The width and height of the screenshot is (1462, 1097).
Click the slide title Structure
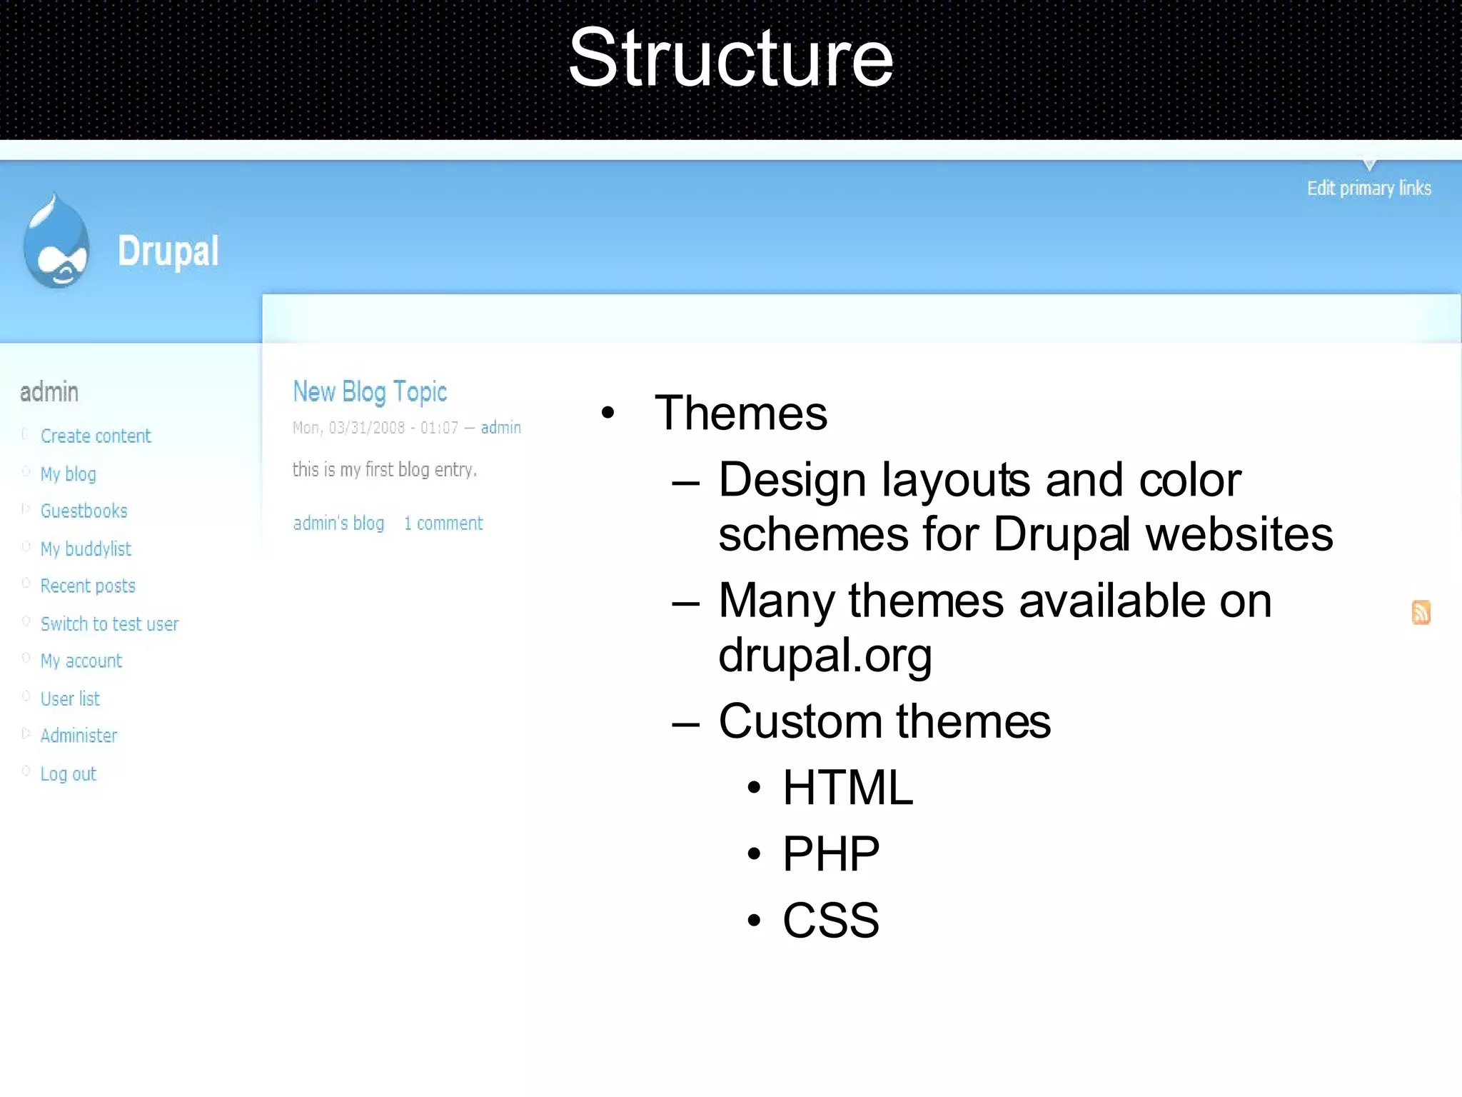[730, 59]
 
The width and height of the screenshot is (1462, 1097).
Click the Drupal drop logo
[56, 244]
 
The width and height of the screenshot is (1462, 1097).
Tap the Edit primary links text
[1368, 188]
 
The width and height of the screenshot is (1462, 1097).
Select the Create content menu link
[96, 436]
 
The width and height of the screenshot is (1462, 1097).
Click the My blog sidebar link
[68, 474]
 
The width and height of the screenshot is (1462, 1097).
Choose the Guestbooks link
[84, 511]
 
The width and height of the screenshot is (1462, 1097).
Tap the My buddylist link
[86, 548]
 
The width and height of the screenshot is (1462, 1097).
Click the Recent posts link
[88, 586]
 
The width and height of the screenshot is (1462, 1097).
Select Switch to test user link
[109, 623]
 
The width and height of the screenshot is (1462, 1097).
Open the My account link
[81, 661]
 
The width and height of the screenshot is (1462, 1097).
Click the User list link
[70, 698]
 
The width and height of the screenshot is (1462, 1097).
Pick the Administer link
[79, 736]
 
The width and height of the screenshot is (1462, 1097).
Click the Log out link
[68, 773]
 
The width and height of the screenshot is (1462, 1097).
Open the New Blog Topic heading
[370, 391]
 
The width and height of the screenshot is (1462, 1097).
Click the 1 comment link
[443, 524]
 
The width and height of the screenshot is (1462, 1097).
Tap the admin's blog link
[338, 524]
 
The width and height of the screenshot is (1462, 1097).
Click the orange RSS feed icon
[1421, 612]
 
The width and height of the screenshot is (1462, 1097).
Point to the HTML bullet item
[847, 788]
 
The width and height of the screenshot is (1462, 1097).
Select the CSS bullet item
[831, 920]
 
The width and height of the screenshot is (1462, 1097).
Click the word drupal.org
[825, 656]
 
